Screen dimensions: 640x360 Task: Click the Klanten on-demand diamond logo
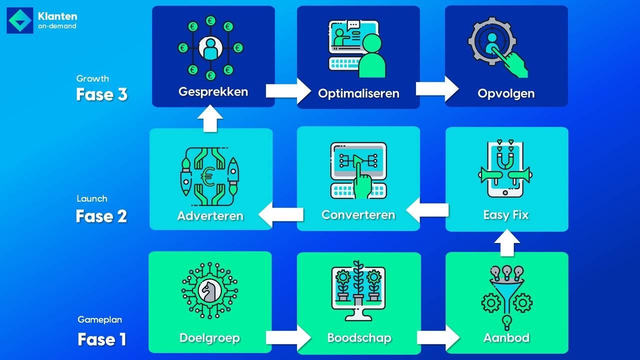[x=20, y=20]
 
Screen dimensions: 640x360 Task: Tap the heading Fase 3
[x=101, y=94]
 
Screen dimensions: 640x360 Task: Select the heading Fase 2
[x=101, y=216]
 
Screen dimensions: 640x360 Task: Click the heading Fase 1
[x=101, y=339]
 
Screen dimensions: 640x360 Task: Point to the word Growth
[x=92, y=78]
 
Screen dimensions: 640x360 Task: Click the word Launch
[x=92, y=198]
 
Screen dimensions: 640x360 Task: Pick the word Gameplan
[x=99, y=319]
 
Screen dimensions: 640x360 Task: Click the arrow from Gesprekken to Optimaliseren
[x=288, y=91]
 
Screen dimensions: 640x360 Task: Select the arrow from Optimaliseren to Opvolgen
[x=437, y=89]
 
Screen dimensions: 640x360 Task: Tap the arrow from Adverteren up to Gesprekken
[x=210, y=118]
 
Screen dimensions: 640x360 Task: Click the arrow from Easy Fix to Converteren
[x=427, y=210]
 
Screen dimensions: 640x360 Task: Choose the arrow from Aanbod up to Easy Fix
[x=507, y=243]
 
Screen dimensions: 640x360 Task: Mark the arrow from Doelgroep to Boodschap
[x=288, y=337]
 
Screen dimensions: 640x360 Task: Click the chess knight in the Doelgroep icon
[x=210, y=291]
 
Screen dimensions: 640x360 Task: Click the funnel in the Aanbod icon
[x=506, y=295]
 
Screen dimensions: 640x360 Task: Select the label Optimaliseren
[x=358, y=93]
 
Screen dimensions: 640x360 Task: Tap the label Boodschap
[x=359, y=338]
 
